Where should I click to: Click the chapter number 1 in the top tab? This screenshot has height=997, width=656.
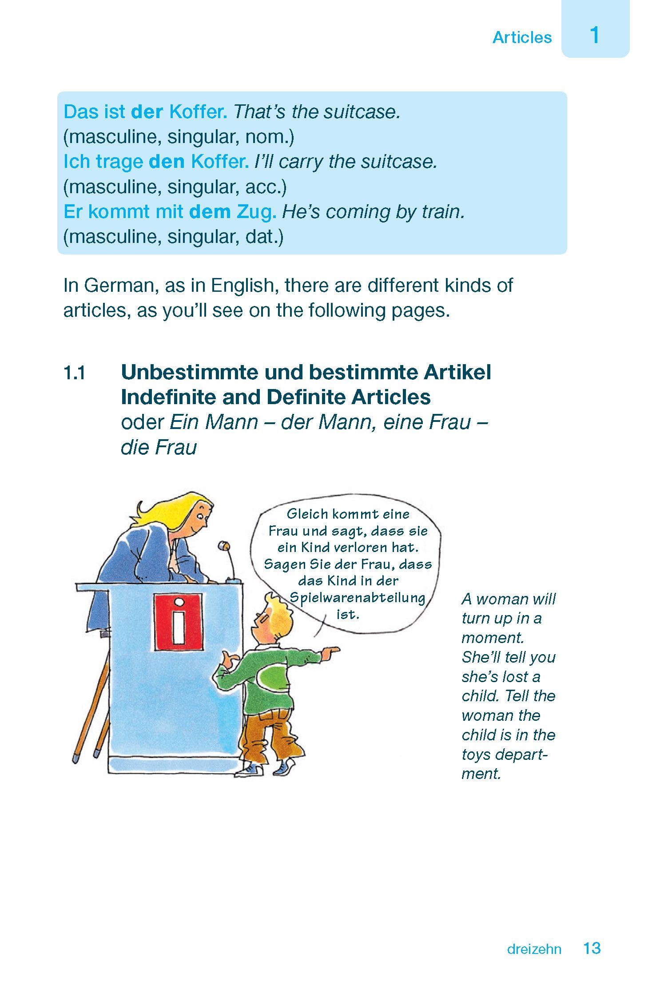pos(595,35)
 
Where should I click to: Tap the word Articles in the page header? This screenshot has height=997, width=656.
pos(522,38)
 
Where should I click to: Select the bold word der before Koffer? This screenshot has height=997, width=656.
pos(147,112)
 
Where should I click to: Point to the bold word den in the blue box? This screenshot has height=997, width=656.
pos(167,162)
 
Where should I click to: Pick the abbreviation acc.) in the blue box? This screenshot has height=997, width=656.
pos(266,187)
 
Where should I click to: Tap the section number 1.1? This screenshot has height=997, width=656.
pos(74,373)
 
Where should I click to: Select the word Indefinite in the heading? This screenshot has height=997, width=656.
pos(168,397)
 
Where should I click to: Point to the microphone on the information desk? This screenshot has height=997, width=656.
pos(223,547)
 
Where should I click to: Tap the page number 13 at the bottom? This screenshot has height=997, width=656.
pos(592,948)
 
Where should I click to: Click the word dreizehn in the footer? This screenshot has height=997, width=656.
pos(534,949)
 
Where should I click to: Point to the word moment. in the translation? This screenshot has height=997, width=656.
pos(493,638)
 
